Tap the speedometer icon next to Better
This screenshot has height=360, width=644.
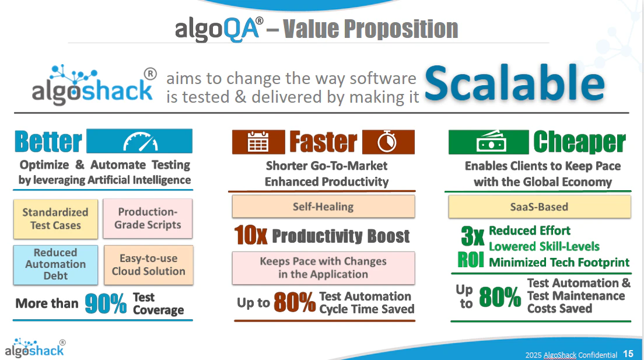click(140, 142)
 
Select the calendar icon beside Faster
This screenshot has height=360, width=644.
click(257, 142)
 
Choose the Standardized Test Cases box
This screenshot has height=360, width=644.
click(55, 219)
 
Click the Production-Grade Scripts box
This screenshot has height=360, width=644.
click(148, 218)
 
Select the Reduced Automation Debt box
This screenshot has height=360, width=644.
click(55, 264)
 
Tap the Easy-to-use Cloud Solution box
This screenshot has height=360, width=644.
click(148, 265)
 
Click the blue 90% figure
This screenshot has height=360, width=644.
click(106, 303)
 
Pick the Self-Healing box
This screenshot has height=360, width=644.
click(323, 207)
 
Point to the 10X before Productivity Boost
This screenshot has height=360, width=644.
click(251, 236)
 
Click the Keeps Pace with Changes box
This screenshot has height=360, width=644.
click(323, 268)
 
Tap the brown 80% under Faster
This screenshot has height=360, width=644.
click(294, 303)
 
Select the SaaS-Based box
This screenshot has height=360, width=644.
click(539, 207)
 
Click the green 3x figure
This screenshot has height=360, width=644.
click(473, 236)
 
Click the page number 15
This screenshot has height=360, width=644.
click(628, 354)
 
